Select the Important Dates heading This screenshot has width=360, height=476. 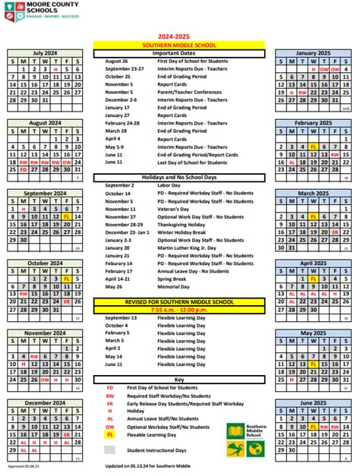179,53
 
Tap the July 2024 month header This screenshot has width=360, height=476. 46,53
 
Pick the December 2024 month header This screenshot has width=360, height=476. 46,402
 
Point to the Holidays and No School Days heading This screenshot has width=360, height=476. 179,177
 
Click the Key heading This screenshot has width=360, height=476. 179,378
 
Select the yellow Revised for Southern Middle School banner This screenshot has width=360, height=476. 179,301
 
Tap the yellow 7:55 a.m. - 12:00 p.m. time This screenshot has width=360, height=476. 179,309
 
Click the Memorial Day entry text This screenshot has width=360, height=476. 176,287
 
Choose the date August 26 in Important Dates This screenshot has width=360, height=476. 116,61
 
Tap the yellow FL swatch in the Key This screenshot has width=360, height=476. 110,434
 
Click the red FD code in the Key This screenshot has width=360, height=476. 110,387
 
